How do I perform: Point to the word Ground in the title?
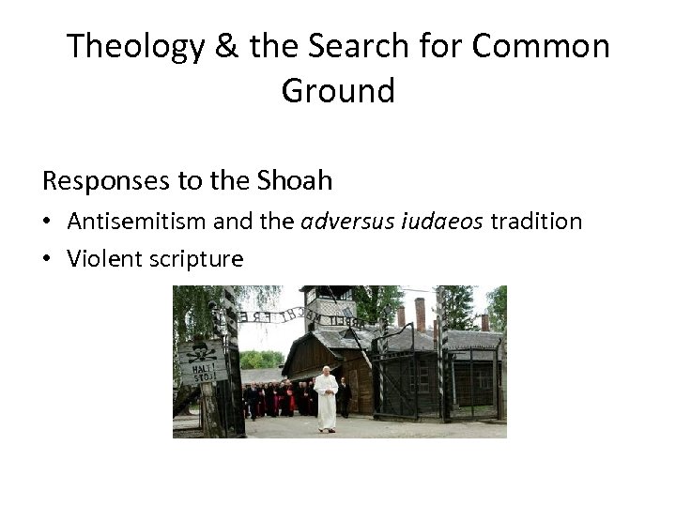pyautogui.click(x=337, y=91)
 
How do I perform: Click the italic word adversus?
pyautogui.click(x=342, y=222)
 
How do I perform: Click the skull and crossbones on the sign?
pyautogui.click(x=198, y=353)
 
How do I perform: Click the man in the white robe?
pyautogui.click(x=325, y=398)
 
